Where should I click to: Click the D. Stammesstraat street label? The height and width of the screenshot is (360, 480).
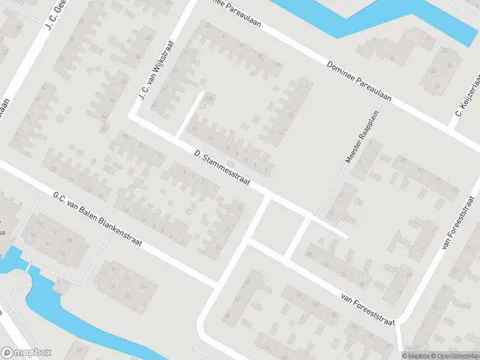pos(221,167)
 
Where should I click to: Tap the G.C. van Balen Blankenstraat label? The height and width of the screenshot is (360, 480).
pos(97,220)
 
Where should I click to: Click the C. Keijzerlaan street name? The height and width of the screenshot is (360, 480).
pos(469,96)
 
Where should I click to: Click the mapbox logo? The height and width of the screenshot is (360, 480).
pos(26,353)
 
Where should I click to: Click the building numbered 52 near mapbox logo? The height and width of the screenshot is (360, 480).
pos(78,349)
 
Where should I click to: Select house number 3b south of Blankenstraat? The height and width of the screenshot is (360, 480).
pos(127,296)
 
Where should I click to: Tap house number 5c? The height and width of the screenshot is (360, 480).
pos(56,233)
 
